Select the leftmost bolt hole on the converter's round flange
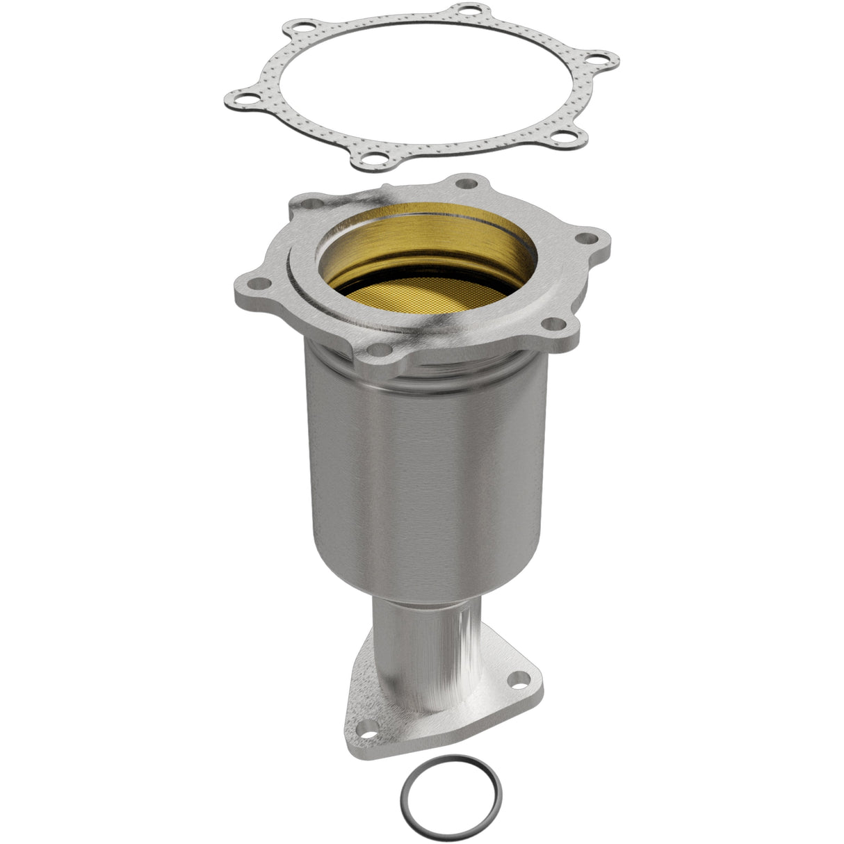259,284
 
